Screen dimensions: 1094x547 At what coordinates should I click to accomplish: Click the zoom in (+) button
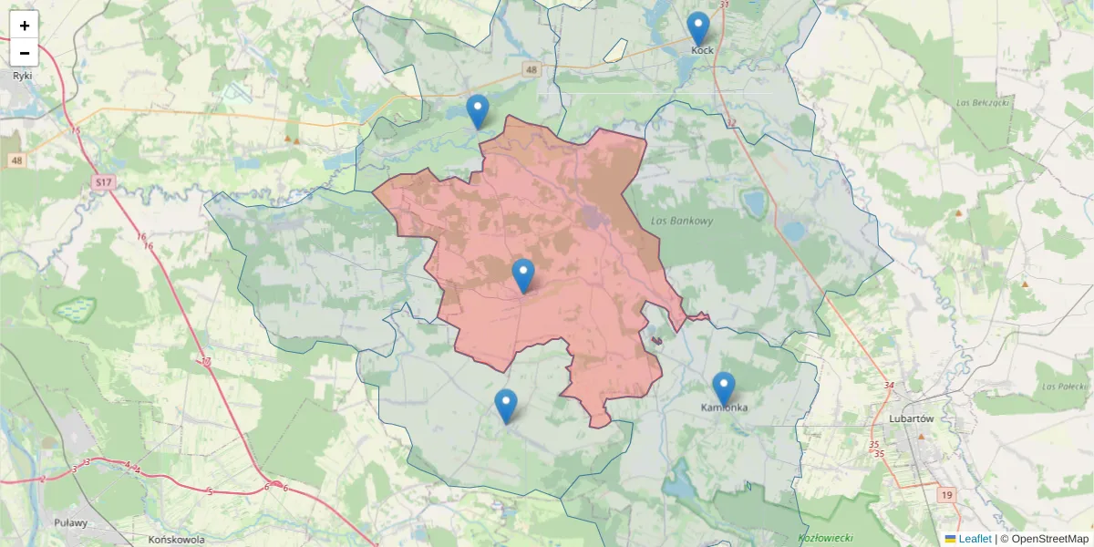[x=25, y=26]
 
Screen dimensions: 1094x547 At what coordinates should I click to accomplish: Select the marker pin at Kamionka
[x=724, y=389]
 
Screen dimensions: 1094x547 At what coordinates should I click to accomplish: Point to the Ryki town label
[x=23, y=76]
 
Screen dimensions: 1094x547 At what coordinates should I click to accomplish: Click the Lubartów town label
[x=911, y=418]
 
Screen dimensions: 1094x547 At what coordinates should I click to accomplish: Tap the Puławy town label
[x=71, y=522]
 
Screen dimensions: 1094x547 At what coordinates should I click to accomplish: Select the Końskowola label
[x=176, y=539]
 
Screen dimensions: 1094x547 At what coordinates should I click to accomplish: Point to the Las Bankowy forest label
[x=683, y=221]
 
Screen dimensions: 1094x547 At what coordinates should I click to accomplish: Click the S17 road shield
[x=104, y=183]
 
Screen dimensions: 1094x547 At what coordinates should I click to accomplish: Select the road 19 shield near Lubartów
[x=947, y=494]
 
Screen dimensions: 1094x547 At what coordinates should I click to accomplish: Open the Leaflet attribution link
[x=975, y=539]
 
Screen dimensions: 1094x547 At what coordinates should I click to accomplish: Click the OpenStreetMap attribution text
[x=1048, y=539]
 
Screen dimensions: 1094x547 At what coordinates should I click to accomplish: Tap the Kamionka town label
[x=725, y=408]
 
